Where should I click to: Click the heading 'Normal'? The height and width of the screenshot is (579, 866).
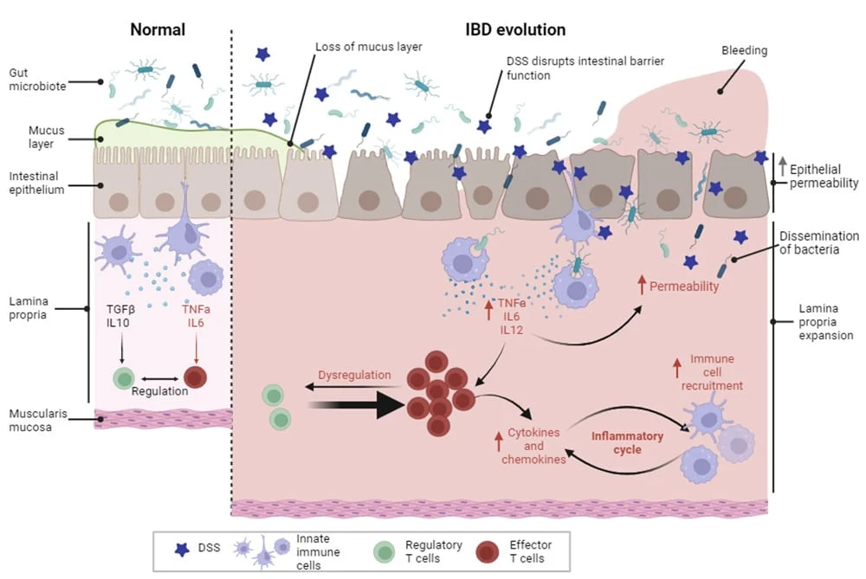click(x=158, y=29)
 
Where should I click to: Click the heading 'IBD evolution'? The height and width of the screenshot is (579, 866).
click(x=516, y=29)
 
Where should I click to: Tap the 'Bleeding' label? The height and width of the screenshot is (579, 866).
click(x=746, y=51)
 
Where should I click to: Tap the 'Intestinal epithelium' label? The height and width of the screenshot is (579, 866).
click(x=36, y=183)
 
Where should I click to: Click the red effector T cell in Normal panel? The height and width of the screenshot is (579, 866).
click(x=196, y=376)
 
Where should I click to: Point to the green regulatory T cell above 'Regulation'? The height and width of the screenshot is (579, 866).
click(x=126, y=377)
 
